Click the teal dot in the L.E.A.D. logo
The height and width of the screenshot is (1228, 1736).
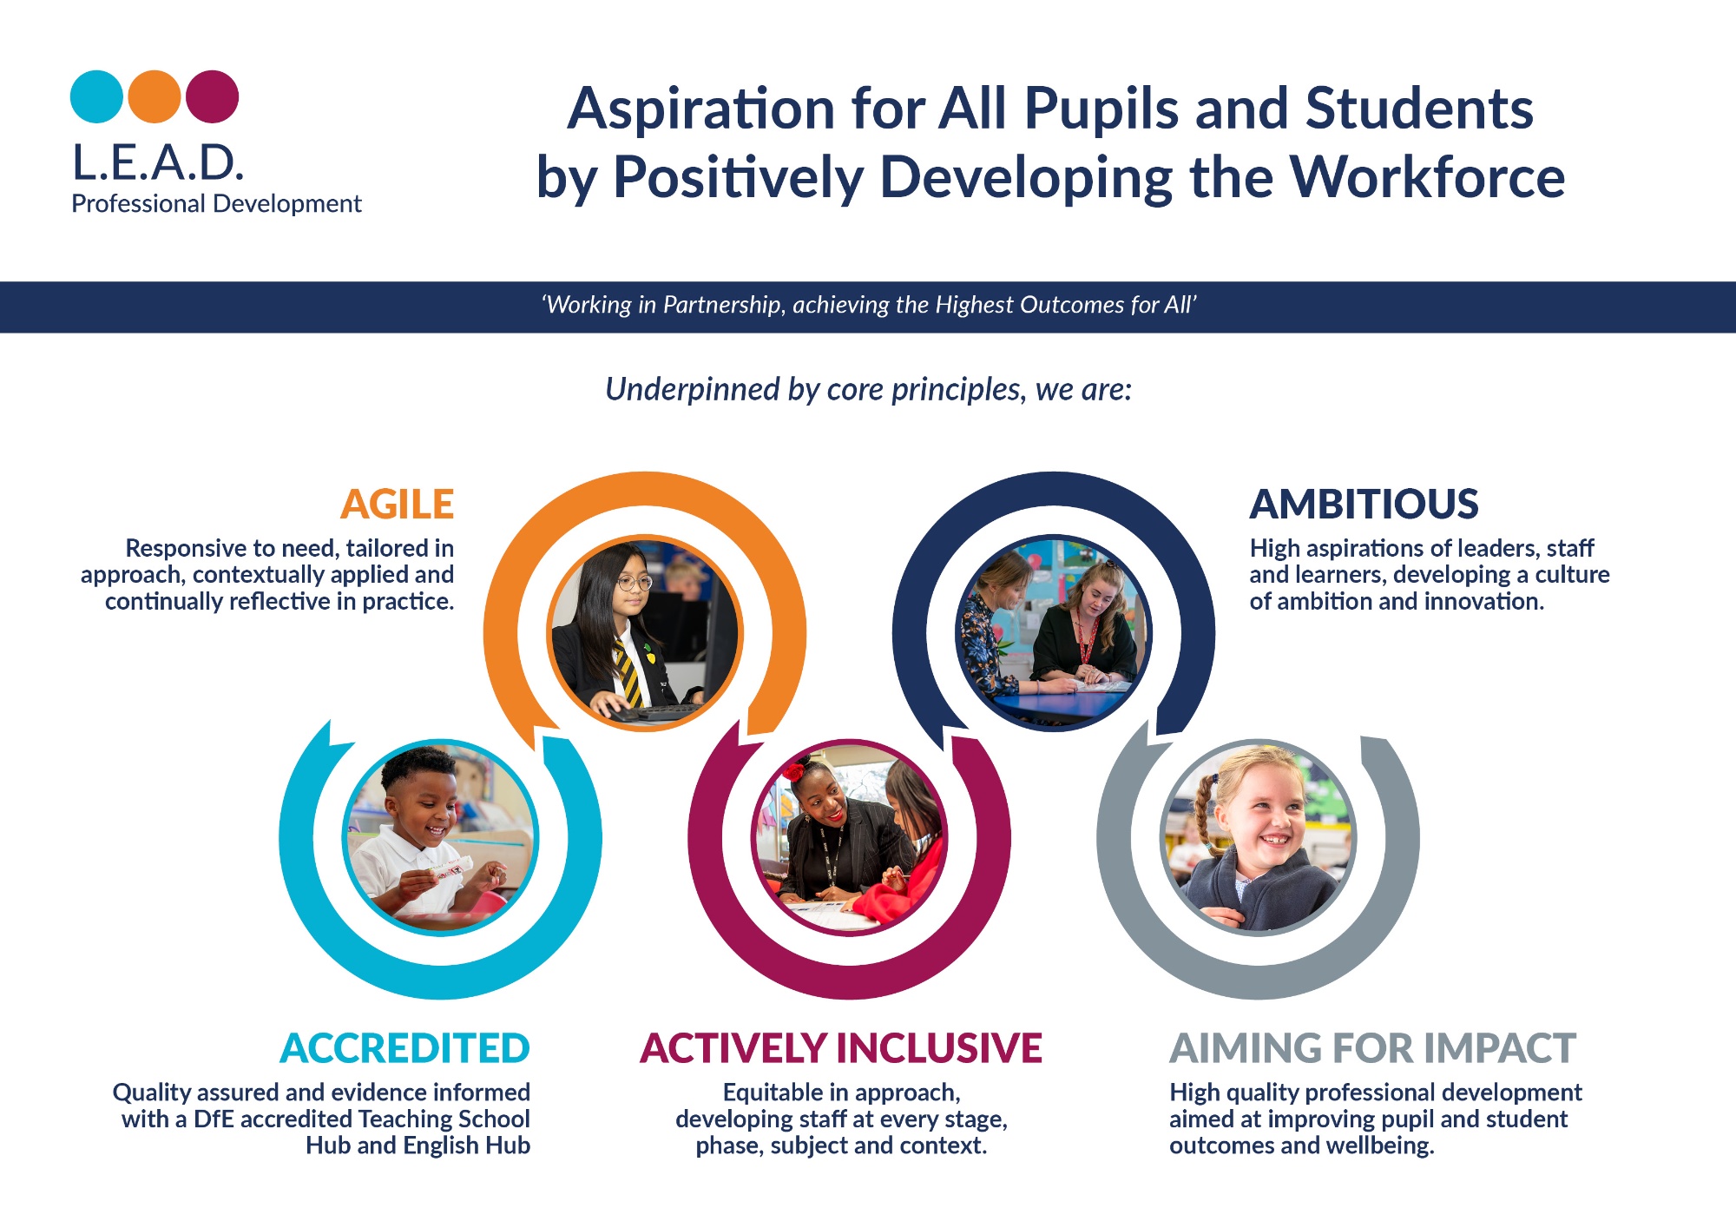[96, 96]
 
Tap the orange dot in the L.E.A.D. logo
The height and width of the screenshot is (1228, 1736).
[155, 96]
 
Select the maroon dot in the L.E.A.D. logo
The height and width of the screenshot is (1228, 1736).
[213, 96]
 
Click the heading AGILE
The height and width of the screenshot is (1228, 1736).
[398, 504]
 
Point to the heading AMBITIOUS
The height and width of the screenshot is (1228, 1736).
[1364, 504]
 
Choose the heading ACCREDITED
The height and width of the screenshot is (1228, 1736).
[404, 1048]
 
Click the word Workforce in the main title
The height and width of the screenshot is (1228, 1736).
[1428, 178]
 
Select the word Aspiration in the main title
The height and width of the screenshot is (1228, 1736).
[701, 111]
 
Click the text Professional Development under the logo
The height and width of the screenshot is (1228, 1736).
[216, 204]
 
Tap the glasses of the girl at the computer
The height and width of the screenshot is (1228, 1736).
[635, 582]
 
